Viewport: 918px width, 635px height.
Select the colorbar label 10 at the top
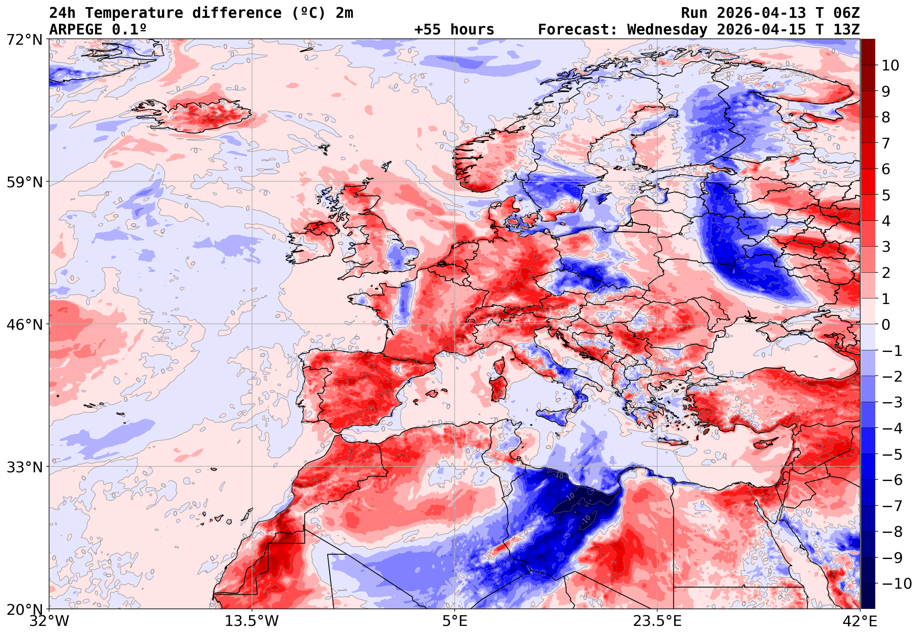(x=890, y=66)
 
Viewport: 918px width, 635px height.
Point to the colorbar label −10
(x=897, y=584)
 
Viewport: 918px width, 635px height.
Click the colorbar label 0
(x=886, y=325)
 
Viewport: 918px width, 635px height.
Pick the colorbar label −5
(x=892, y=454)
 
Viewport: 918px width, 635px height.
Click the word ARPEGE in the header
(x=76, y=29)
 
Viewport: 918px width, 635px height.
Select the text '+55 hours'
(x=454, y=29)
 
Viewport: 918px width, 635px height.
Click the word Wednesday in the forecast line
(x=667, y=29)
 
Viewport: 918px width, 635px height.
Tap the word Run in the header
(x=694, y=13)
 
